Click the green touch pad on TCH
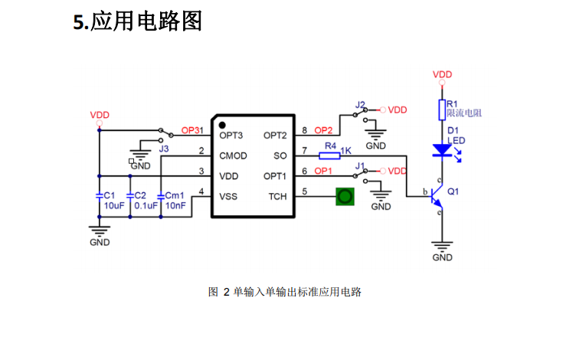[345, 197]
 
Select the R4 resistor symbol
[329, 156]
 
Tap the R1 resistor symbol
[442, 110]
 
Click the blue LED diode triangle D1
[442, 150]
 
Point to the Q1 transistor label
[453, 191]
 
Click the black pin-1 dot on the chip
[222, 126]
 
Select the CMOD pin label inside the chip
[234, 156]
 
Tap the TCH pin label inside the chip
[277, 197]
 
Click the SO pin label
[280, 156]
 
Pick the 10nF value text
[175, 206]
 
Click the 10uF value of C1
[114, 206]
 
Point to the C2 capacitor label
[140, 195]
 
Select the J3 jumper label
[164, 149]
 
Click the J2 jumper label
[360, 105]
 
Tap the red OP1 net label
[323, 171]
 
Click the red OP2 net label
[323, 130]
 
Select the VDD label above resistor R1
[442, 74]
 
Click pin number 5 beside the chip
[305, 191]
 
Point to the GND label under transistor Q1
[442, 257]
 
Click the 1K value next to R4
[346, 151]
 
